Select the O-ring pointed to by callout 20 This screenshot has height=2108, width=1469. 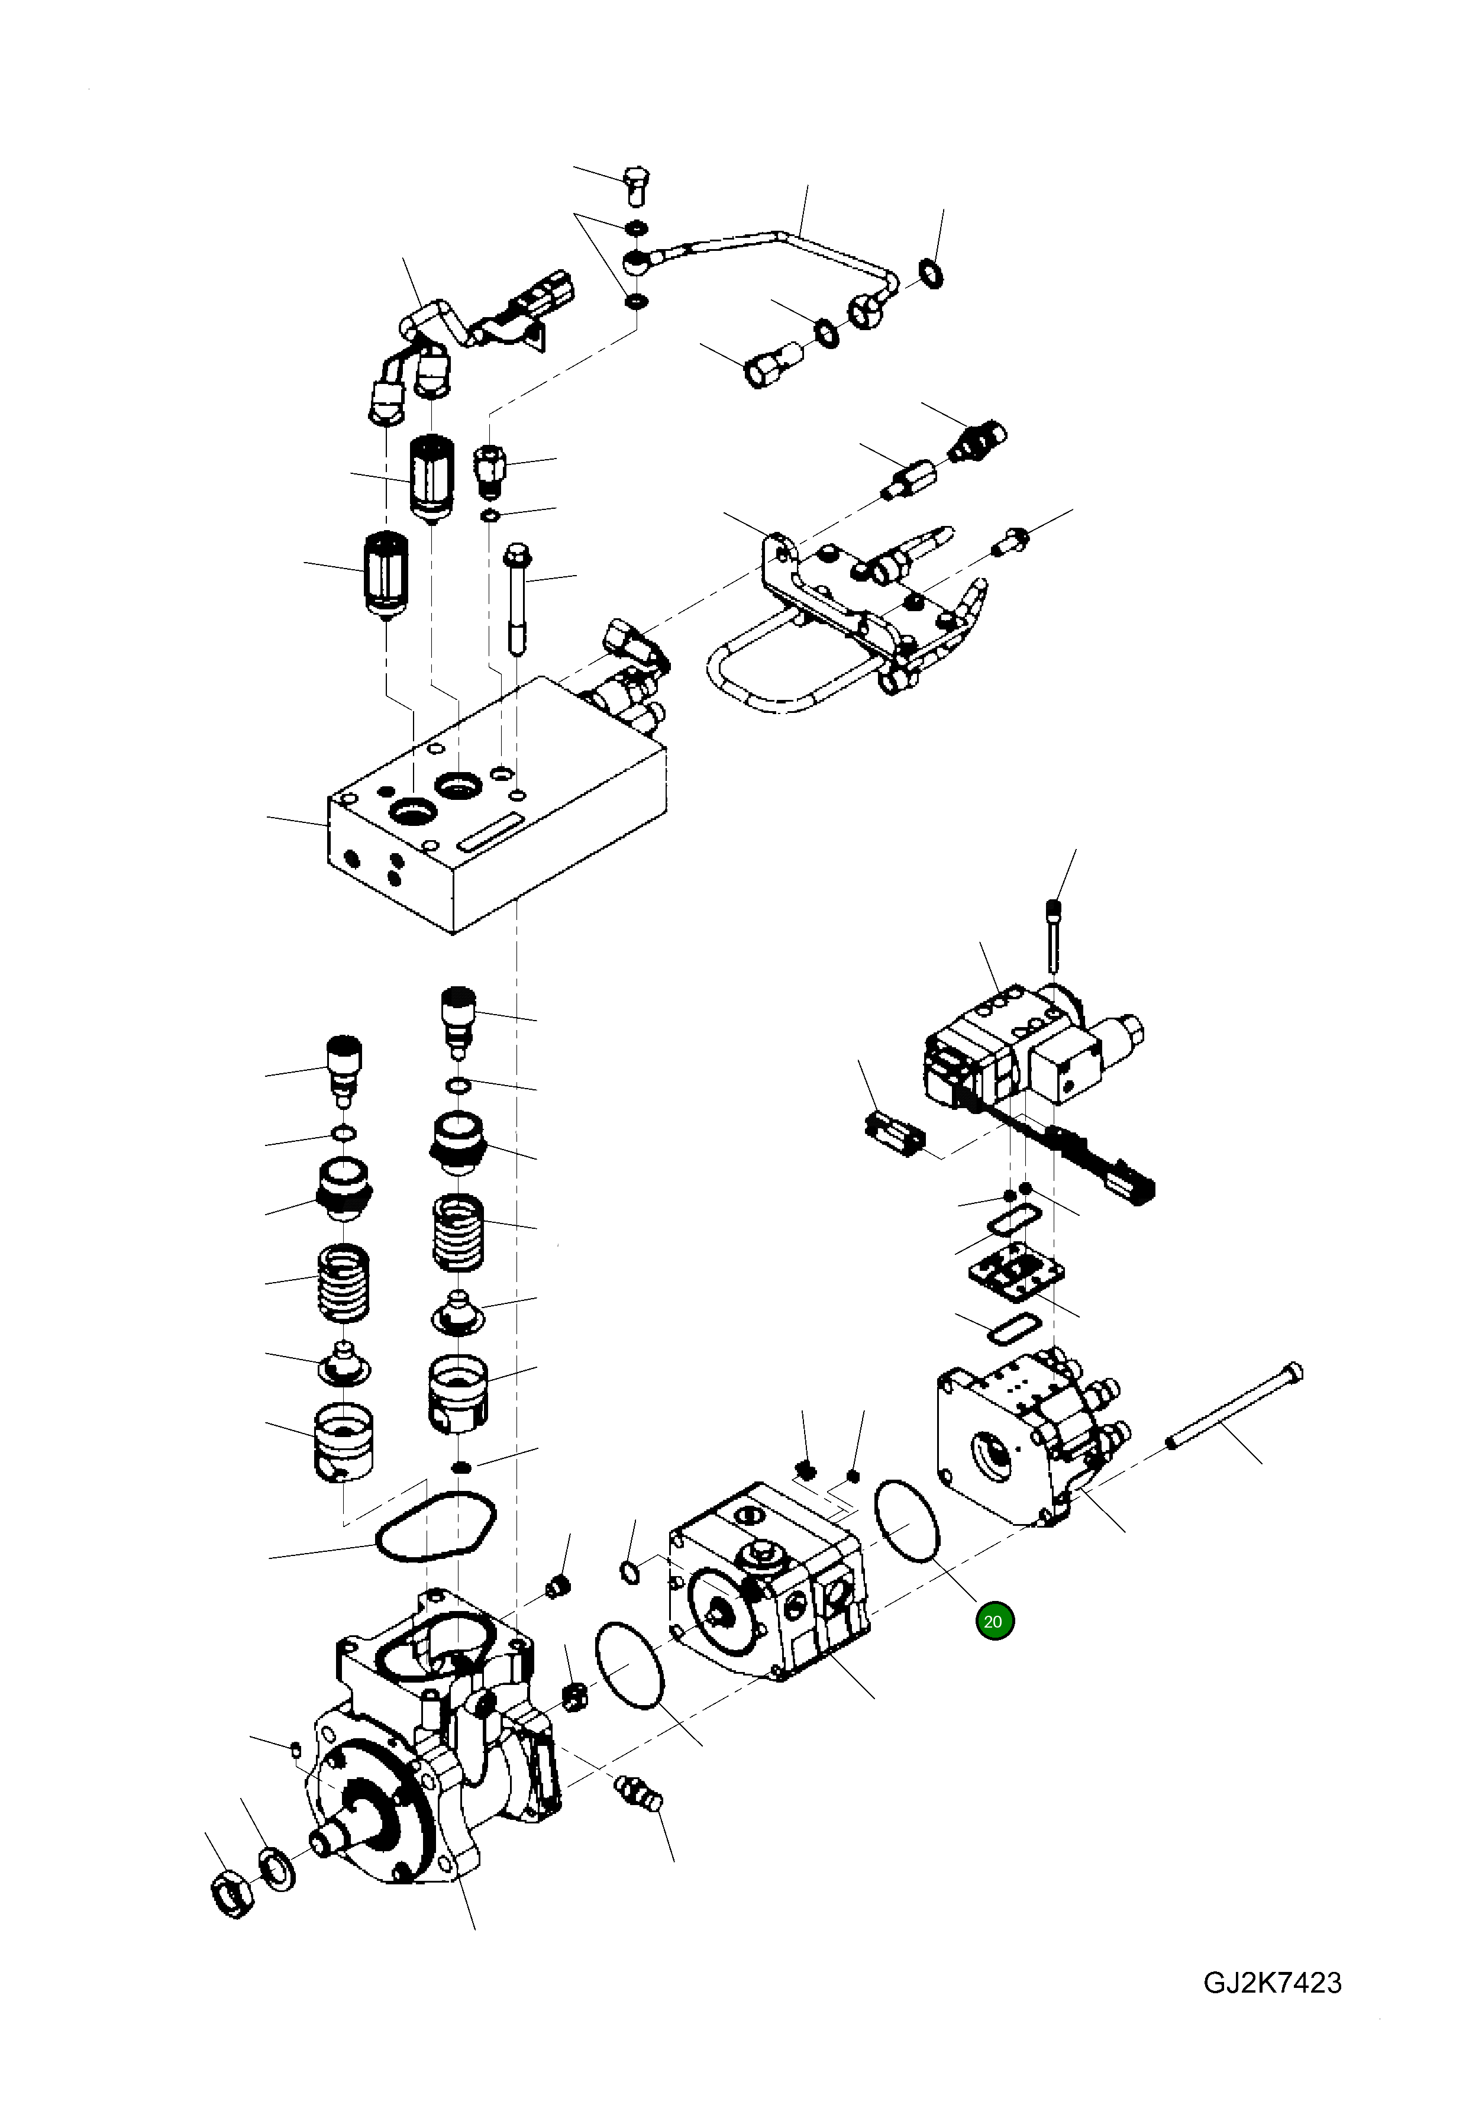907,1519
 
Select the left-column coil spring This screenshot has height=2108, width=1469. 343,1283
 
